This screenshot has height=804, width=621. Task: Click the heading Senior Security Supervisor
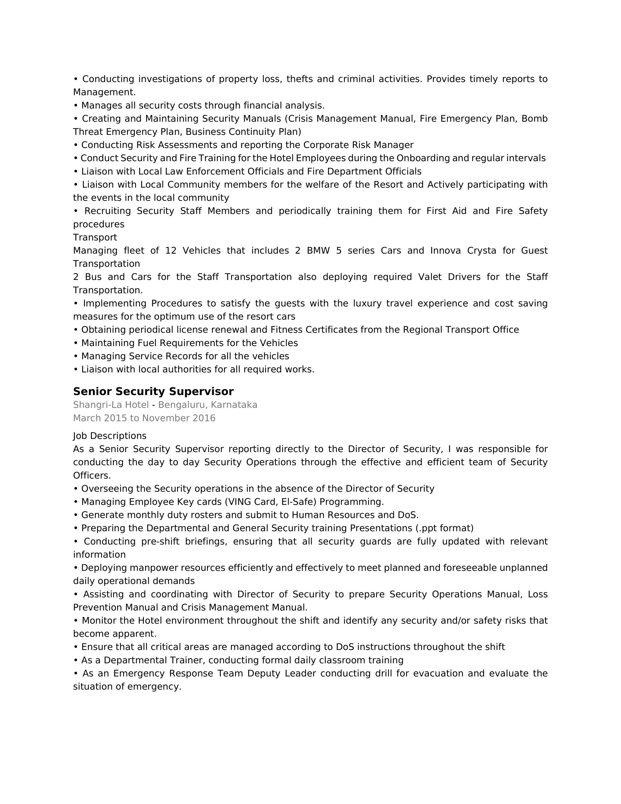click(x=153, y=391)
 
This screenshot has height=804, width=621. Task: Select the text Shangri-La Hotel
click(x=111, y=405)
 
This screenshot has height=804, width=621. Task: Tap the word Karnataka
click(x=234, y=405)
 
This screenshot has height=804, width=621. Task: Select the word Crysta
click(x=481, y=251)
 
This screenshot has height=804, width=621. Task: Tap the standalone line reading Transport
click(x=95, y=238)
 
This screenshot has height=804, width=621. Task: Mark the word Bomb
click(x=534, y=119)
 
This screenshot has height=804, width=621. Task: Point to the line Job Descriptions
click(x=110, y=436)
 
